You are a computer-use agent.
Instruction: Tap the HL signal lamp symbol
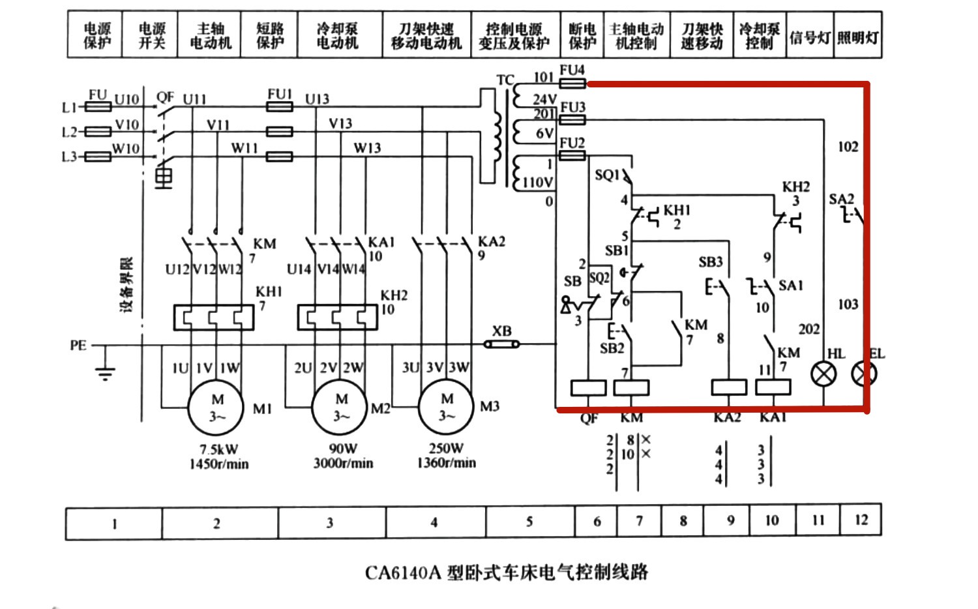point(823,374)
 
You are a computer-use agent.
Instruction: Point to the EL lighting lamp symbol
point(865,374)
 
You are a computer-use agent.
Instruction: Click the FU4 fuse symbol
point(572,83)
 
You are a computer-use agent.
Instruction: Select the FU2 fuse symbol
point(572,156)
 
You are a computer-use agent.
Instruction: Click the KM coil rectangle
point(631,388)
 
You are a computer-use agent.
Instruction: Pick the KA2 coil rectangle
point(728,387)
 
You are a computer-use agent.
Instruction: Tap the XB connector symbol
point(501,344)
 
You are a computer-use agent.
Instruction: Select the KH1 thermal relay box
point(213,318)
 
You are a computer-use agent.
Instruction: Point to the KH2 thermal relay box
point(336,318)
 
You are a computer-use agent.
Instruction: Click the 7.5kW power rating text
point(218,449)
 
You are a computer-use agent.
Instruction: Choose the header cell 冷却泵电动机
point(337,36)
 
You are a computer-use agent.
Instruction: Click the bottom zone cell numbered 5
point(529,522)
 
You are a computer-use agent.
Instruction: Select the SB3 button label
point(710,262)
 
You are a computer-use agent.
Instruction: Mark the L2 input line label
point(69,132)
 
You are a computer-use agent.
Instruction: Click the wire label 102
point(848,147)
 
